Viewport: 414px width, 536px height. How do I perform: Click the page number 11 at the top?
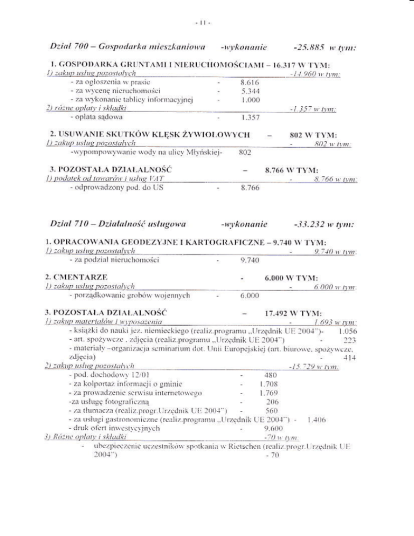(x=207, y=24)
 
